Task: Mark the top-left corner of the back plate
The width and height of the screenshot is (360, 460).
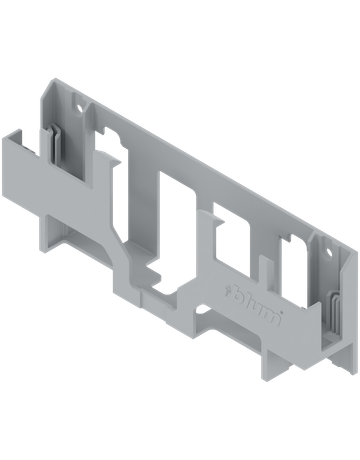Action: coord(49,82)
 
